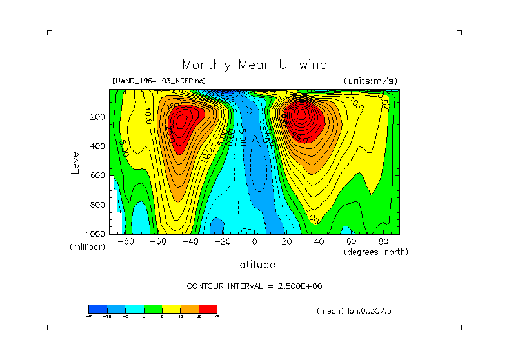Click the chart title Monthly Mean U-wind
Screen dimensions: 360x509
[x=254, y=65]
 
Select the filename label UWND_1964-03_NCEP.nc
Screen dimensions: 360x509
[x=159, y=81]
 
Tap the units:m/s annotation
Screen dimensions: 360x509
[x=371, y=81]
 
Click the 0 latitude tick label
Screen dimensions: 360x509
[x=254, y=242]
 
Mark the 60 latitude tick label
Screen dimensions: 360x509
[x=351, y=242]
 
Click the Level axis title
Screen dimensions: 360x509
[x=75, y=161]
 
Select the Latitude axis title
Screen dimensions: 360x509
[x=254, y=265]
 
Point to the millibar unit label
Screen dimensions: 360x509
[x=87, y=247]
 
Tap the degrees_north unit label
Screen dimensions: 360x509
[x=376, y=252]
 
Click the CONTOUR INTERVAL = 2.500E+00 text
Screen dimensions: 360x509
[x=254, y=286]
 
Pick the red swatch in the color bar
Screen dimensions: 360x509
[x=208, y=308]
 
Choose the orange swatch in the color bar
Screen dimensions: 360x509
[x=190, y=308]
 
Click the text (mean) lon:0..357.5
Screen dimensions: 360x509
[x=354, y=311]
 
